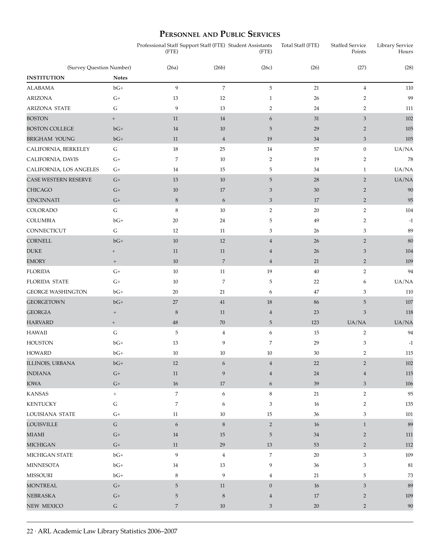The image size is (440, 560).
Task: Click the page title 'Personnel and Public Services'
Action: point(220,34)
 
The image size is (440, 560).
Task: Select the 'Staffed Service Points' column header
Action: point(348,49)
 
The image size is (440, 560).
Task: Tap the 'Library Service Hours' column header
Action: point(395,49)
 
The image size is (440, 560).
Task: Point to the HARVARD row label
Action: point(40,322)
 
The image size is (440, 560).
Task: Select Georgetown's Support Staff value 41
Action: point(222,302)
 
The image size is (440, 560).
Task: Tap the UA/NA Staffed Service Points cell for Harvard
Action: point(357,322)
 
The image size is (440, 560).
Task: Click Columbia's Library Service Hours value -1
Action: point(410,221)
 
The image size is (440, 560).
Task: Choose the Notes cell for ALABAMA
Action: point(118,88)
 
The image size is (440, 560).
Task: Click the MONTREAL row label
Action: point(42,486)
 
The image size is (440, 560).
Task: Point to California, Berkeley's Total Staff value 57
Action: point(316,149)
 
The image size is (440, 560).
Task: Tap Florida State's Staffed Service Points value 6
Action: point(365,281)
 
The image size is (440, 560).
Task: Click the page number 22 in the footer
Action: point(30,531)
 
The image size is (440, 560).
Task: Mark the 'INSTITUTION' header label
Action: point(46,78)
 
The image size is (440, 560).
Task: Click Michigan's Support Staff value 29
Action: point(222,445)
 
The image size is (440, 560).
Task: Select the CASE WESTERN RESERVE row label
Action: point(59,180)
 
